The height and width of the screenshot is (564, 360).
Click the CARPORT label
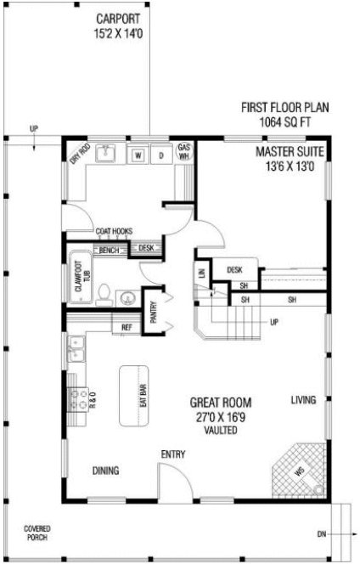[x=118, y=18]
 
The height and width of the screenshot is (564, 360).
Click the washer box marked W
[x=138, y=155]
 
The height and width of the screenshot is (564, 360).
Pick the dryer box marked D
[x=160, y=155]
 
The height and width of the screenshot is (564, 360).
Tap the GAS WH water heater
[x=183, y=152]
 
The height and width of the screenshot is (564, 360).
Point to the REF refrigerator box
[x=127, y=327]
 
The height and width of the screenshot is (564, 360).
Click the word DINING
[x=106, y=471]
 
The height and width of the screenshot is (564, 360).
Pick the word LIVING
[x=303, y=399]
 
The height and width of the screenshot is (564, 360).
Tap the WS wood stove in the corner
[x=299, y=471]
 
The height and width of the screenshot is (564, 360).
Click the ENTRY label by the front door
[x=172, y=454]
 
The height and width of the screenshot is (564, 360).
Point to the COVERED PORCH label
[x=36, y=532]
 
